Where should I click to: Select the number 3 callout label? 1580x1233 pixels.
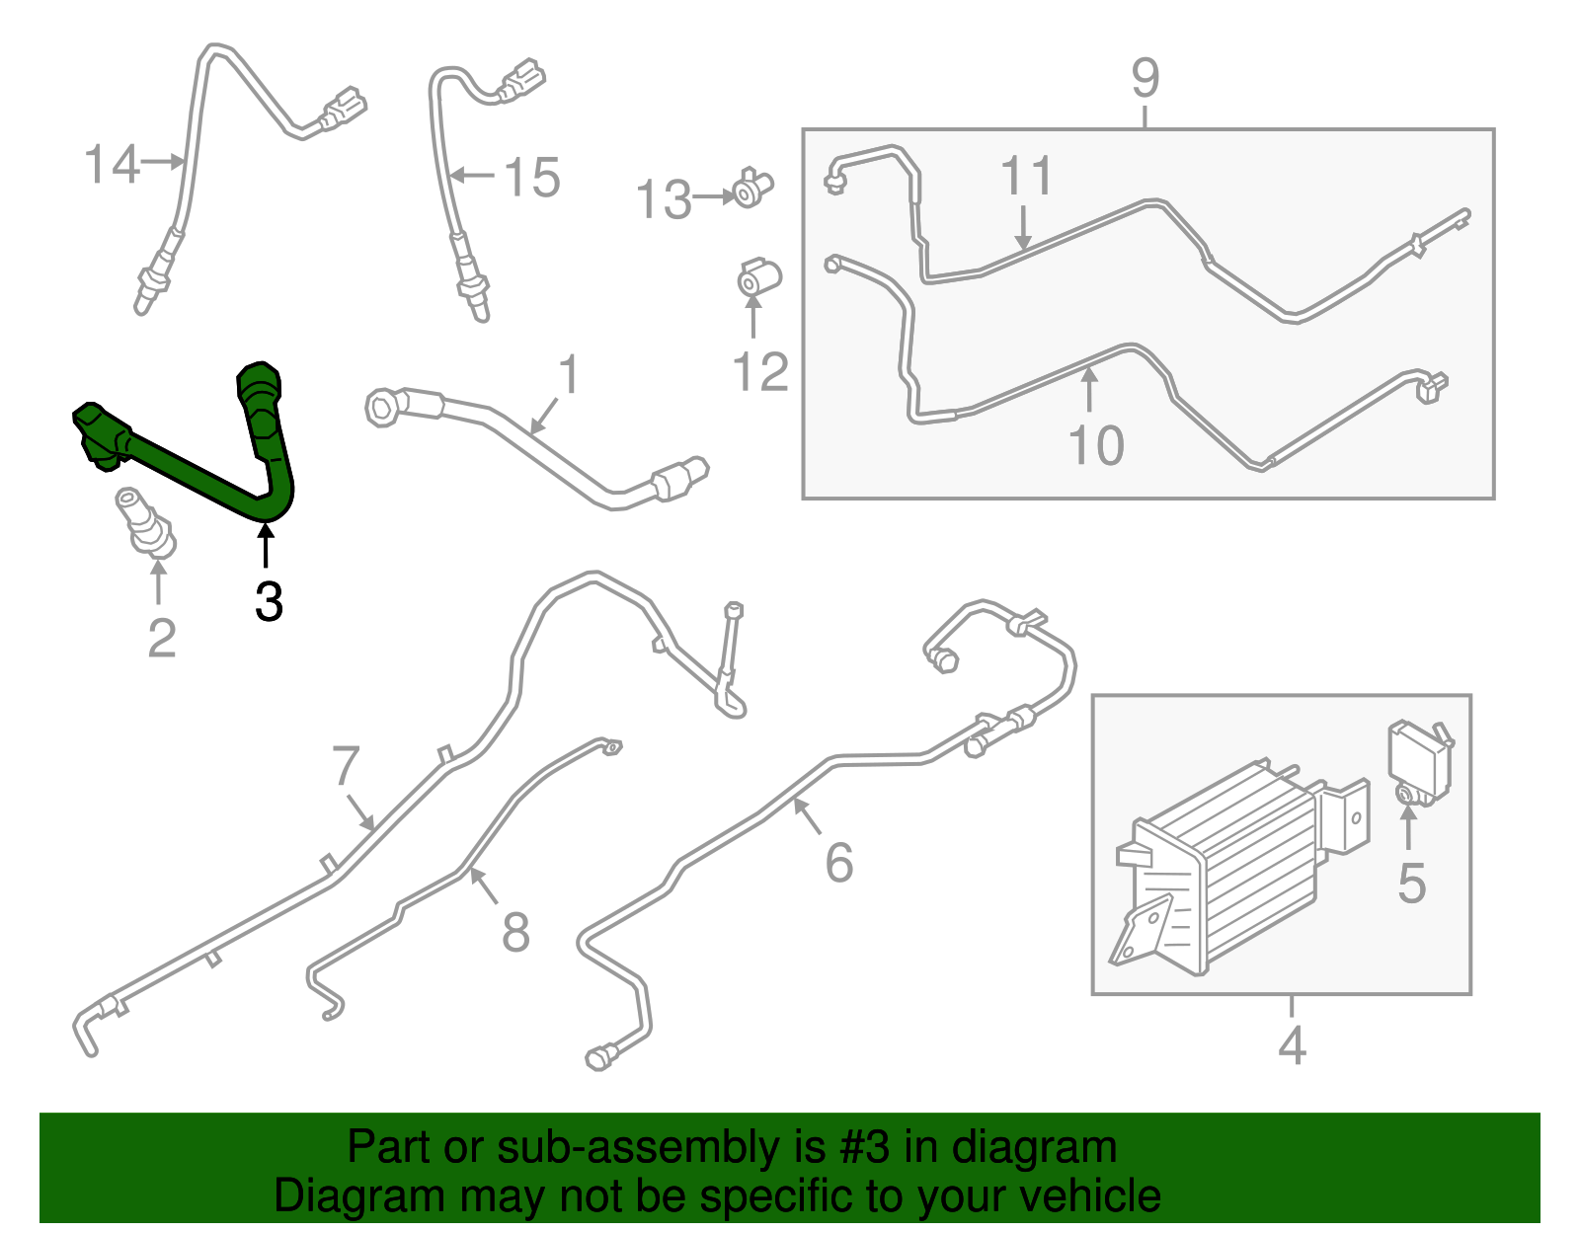pyautogui.click(x=269, y=601)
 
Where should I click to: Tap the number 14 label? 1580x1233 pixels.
pyautogui.click(x=112, y=164)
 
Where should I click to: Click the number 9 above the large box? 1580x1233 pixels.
pyautogui.click(x=1145, y=78)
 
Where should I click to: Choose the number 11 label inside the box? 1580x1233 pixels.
pyautogui.click(x=1026, y=176)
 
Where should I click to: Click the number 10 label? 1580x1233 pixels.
pyautogui.click(x=1096, y=445)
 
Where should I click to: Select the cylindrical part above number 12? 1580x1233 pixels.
pyautogui.click(x=759, y=276)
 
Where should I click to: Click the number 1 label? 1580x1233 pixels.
pyautogui.click(x=569, y=375)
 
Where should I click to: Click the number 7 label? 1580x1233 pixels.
pyautogui.click(x=346, y=766)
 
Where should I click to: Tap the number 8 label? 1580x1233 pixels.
pyautogui.click(x=515, y=932)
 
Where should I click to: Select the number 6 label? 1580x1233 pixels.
pyautogui.click(x=839, y=863)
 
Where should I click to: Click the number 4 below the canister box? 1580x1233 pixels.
pyautogui.click(x=1292, y=1045)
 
